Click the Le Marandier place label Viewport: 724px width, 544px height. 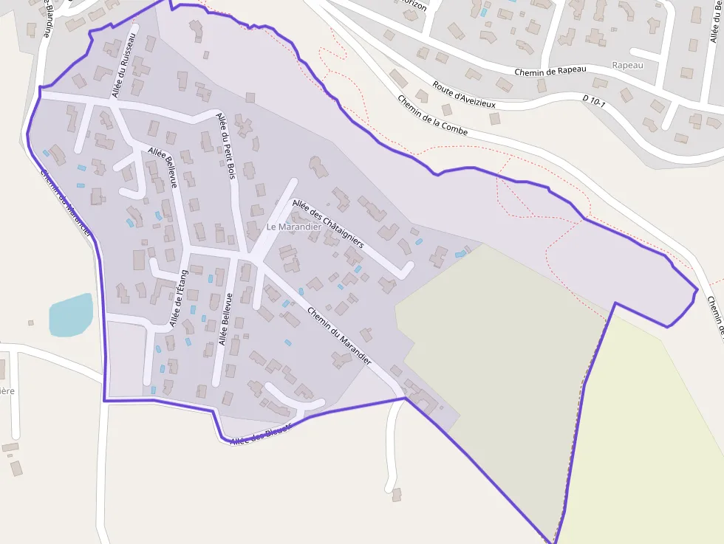(x=293, y=227)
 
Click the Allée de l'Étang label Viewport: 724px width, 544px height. (x=179, y=298)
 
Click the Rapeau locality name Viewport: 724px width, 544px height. (x=627, y=65)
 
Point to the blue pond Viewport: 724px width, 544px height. (x=70, y=315)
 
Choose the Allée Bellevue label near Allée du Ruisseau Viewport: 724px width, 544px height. (x=163, y=168)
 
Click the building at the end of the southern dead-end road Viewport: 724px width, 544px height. (x=397, y=493)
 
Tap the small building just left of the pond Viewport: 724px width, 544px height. (x=30, y=323)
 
